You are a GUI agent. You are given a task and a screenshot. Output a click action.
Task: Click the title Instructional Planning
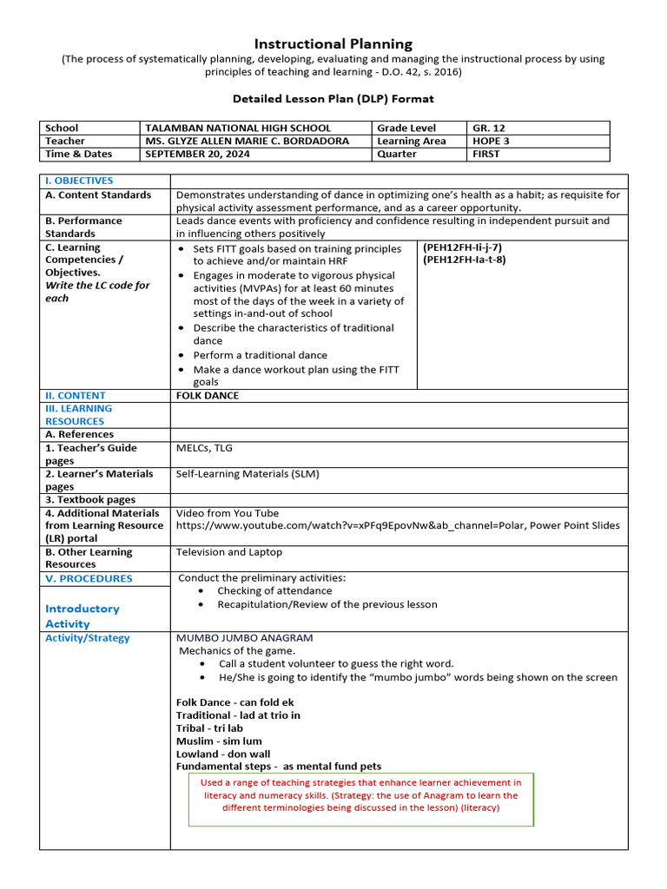(x=333, y=43)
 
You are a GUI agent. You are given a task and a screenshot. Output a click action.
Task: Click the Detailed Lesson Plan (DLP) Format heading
(x=333, y=99)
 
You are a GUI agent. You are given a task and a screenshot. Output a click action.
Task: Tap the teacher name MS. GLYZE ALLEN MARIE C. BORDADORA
(x=248, y=141)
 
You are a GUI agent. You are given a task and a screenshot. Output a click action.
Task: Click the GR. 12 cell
(x=488, y=128)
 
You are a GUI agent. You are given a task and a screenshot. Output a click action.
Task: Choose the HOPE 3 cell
(x=492, y=141)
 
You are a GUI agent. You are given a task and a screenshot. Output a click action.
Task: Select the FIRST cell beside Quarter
(x=486, y=154)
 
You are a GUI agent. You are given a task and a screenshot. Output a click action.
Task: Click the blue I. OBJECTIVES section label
(x=79, y=181)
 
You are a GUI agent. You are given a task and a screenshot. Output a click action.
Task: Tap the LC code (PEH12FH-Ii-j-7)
(x=464, y=247)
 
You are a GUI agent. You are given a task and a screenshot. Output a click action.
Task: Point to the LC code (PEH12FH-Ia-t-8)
(x=465, y=260)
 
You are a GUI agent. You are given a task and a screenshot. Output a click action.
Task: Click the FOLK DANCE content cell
(x=207, y=396)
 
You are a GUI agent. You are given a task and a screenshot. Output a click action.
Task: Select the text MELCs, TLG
(x=204, y=448)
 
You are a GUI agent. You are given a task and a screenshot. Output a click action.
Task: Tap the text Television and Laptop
(x=228, y=552)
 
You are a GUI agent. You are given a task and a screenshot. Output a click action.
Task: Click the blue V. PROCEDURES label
(x=89, y=578)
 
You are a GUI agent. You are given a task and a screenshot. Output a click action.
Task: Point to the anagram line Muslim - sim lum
(x=220, y=741)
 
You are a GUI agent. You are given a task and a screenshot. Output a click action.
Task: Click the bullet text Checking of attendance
(x=274, y=591)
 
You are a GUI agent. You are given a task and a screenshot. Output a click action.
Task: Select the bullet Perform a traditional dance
(x=261, y=355)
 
